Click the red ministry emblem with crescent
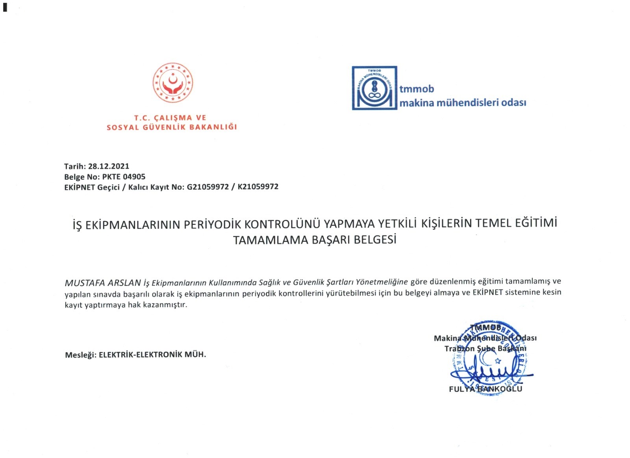(x=173, y=83)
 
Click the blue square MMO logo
(x=374, y=88)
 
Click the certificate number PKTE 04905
(x=124, y=177)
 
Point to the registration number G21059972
(x=208, y=187)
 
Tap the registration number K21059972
(x=258, y=187)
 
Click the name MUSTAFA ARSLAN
(x=103, y=283)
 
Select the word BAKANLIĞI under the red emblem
(x=213, y=127)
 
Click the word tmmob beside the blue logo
(x=417, y=89)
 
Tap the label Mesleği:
(x=80, y=355)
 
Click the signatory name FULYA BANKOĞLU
(x=485, y=389)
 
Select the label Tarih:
(x=75, y=166)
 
